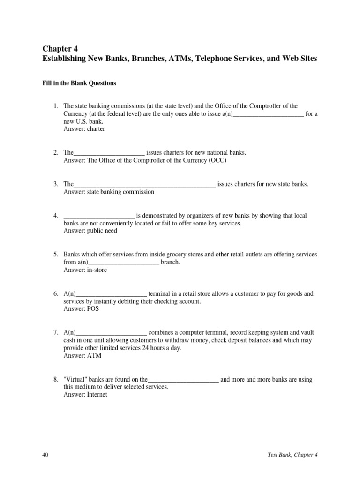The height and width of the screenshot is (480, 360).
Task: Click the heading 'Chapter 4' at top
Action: click(x=60, y=48)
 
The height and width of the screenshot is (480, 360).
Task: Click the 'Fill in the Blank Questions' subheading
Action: click(x=79, y=83)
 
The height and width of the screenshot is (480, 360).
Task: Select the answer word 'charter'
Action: click(x=96, y=129)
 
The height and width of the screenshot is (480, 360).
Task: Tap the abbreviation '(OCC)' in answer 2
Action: click(x=217, y=160)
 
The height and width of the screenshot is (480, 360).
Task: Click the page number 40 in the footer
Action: click(x=45, y=455)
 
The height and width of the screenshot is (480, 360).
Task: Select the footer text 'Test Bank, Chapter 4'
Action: click(x=291, y=455)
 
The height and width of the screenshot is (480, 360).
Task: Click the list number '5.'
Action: click(x=56, y=255)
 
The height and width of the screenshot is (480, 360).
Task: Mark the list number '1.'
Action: click(x=56, y=106)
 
